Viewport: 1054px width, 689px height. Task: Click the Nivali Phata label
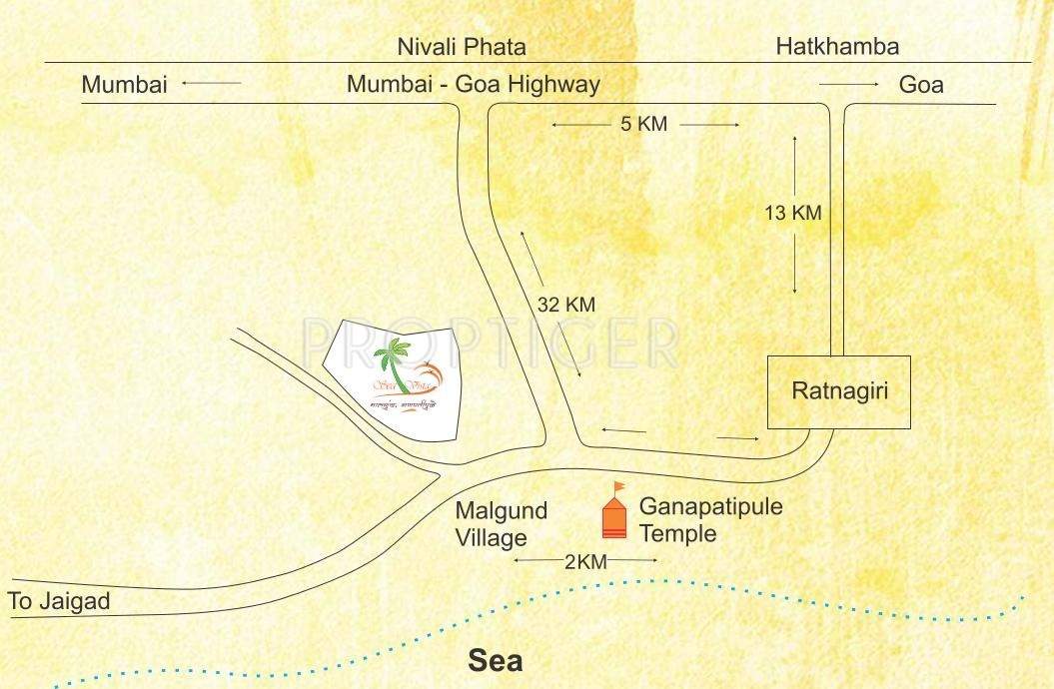pos(461,47)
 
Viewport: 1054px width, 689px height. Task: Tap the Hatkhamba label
pos(837,46)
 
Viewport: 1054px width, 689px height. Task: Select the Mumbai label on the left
pos(124,85)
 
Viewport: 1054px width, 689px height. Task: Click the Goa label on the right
pos(920,85)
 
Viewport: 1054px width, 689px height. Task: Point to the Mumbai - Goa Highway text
pos(473,85)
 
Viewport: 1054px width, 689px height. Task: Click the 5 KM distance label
pos(643,125)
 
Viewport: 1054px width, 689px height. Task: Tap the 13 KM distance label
pos(792,213)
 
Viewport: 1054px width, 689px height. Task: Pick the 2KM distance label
pos(585,562)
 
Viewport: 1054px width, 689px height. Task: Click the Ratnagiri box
pos(838,391)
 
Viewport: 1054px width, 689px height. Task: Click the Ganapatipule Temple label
pos(710,519)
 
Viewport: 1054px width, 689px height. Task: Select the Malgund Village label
pos(502,524)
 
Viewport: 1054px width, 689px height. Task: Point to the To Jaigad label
pos(59,602)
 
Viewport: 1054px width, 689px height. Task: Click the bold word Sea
pos(495,661)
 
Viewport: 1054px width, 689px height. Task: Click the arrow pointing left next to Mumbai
pos(211,85)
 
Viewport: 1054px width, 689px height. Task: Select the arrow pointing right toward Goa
pos(848,85)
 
